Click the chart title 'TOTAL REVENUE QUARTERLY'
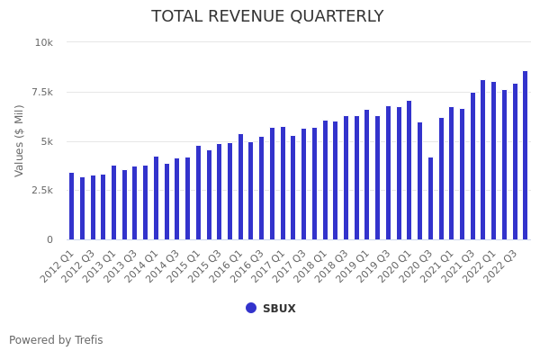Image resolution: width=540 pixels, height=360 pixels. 267,17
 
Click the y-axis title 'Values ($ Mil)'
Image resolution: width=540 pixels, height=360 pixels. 20,140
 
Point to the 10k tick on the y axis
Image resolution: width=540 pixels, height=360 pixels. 44,42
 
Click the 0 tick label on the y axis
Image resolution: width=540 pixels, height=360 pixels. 49,239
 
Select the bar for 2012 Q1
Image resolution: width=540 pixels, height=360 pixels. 72,206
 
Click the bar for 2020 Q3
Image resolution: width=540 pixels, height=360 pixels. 430,199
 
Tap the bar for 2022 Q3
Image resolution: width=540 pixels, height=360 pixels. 515,162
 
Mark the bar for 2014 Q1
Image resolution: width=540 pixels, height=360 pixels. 156,198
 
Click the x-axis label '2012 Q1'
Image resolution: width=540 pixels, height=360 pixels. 57,266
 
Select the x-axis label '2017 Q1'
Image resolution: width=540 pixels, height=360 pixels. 267,266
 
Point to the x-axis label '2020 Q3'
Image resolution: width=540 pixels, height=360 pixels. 415,266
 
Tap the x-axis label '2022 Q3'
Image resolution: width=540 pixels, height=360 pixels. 499,266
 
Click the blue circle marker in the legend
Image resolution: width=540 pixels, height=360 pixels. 251,308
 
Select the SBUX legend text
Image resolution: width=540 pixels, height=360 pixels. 279,309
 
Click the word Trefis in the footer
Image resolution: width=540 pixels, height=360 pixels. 87,340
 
